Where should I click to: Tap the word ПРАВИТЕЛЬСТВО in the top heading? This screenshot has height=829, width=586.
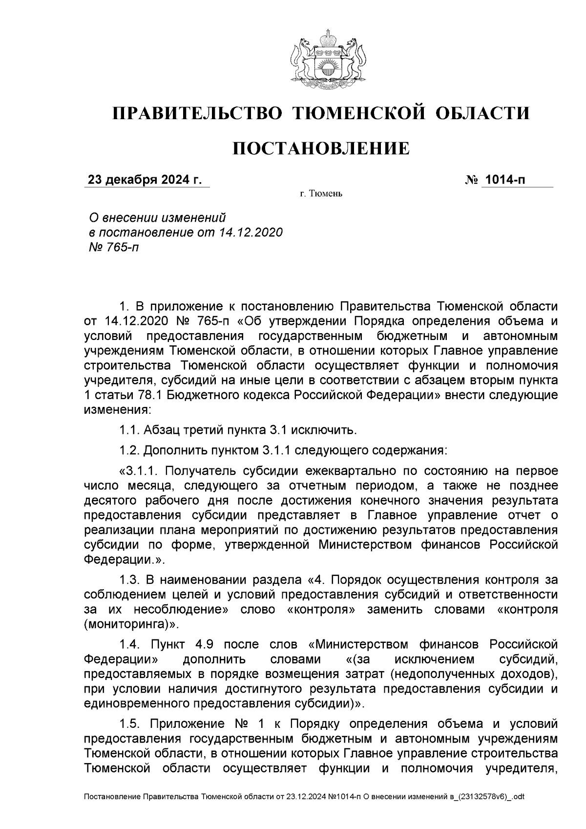(198, 113)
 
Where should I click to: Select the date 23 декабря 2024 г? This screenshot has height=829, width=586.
(144, 180)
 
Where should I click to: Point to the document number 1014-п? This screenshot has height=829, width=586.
(505, 180)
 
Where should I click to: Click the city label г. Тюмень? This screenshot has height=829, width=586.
(321, 194)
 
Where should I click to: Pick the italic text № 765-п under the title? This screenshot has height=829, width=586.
(112, 247)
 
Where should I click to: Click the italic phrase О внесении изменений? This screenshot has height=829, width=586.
(157, 216)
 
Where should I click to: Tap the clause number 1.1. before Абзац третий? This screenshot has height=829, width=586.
(130, 430)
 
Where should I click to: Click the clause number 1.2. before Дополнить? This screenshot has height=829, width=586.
(130, 449)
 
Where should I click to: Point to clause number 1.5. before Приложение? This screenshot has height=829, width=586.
(130, 723)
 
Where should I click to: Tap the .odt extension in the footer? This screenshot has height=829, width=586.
(518, 797)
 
